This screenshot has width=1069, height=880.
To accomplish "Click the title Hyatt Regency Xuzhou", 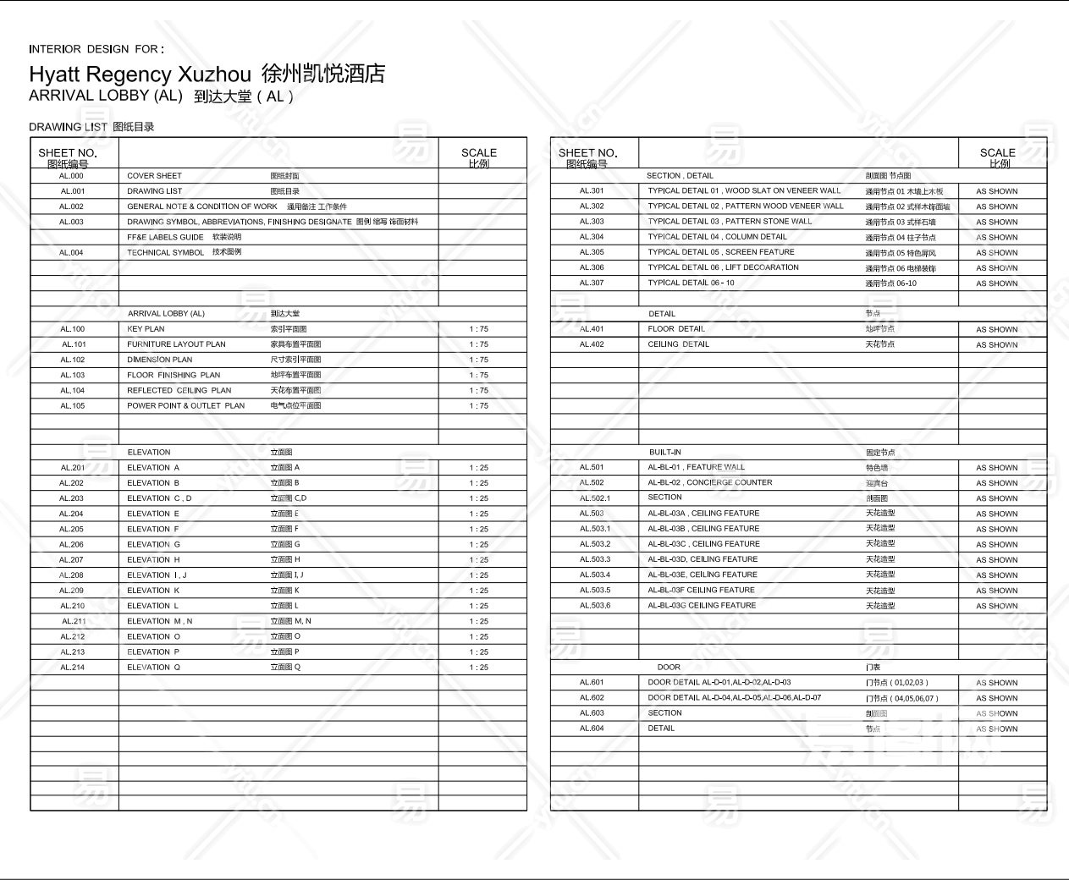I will (140, 74).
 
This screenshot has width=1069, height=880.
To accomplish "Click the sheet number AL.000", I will (72, 176).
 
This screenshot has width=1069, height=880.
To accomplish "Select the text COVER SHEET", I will (154, 176).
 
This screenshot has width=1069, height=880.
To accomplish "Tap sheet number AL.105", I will (72, 406).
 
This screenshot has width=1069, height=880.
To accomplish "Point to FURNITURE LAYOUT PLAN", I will (176, 344).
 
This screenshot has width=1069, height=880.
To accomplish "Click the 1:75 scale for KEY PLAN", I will (478, 329).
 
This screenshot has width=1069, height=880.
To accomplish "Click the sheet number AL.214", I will (72, 668).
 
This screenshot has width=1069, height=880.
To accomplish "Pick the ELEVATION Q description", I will (153, 668).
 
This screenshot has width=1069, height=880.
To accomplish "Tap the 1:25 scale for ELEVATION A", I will (478, 468).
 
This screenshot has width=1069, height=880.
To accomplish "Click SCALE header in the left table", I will (478, 153).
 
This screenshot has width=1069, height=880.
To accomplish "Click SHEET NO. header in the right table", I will (587, 153).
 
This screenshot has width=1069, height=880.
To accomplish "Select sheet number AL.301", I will (592, 191).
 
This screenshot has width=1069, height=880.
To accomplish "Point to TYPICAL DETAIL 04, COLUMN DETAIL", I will (717, 237).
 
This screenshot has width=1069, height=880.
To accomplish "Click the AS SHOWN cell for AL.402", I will (996, 345).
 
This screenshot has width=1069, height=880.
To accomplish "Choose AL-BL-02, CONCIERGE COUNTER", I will (709, 483).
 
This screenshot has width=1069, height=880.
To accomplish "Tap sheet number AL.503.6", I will (594, 606).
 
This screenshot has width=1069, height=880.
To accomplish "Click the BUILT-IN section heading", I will (665, 453).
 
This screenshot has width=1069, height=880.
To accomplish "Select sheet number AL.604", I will (592, 729).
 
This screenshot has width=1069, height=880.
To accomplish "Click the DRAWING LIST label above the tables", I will (68, 127).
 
